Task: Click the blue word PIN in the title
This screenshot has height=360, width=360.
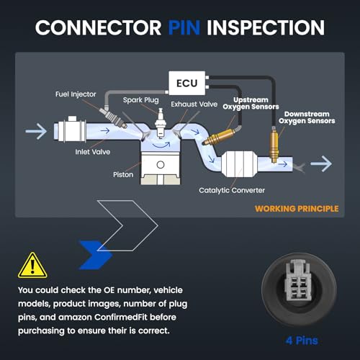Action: tap(184, 27)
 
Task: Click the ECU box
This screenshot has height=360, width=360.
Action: tap(187, 83)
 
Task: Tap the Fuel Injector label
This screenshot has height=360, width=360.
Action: tap(76, 94)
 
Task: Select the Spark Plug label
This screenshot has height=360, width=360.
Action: tap(141, 100)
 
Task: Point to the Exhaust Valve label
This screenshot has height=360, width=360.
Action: tap(194, 104)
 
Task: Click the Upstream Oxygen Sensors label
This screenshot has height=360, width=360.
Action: tap(251, 104)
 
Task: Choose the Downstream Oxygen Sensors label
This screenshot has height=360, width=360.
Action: tap(307, 117)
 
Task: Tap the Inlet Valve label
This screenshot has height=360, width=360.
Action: tap(93, 152)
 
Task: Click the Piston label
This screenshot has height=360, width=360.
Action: tap(123, 174)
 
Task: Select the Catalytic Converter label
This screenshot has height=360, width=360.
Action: tap(232, 190)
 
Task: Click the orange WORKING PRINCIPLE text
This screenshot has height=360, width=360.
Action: tap(297, 209)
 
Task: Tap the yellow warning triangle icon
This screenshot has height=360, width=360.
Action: tap(32, 265)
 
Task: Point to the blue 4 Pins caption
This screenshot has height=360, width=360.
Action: tap(302, 341)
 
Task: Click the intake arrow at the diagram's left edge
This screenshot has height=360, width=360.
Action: tap(36, 131)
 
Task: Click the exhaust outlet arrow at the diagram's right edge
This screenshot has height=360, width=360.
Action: tap(321, 163)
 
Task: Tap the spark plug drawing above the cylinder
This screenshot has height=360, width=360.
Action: tap(160, 123)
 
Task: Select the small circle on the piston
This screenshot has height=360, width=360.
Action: tap(161, 165)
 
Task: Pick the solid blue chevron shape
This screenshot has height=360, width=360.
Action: tap(96, 255)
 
